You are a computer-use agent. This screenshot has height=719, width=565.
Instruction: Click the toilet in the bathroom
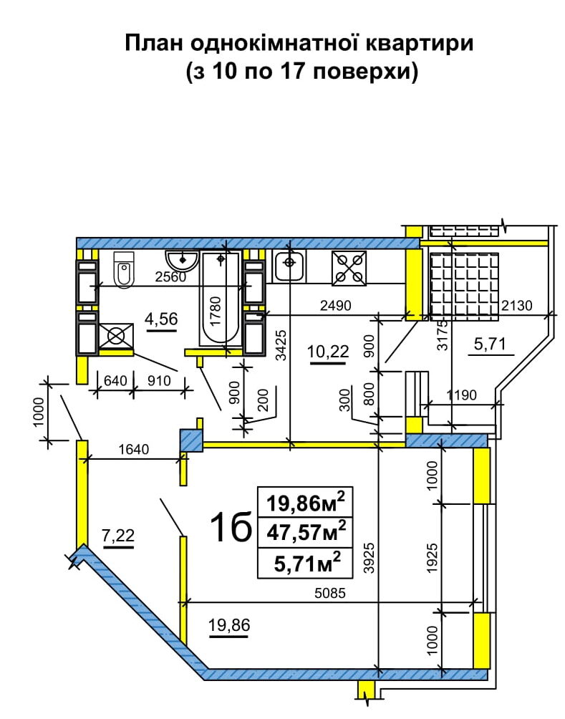123,269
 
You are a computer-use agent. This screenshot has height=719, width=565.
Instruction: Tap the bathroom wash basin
182,261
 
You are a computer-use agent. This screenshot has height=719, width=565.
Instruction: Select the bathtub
220,298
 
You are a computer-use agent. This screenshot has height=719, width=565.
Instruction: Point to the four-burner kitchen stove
349,269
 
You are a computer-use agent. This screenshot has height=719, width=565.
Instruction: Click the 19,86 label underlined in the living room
229,624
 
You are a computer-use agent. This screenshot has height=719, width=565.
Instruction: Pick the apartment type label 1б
231,526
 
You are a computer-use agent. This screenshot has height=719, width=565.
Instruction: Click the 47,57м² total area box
306,532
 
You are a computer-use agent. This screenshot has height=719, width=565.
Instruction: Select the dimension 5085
329,594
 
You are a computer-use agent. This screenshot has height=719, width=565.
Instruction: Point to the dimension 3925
370,558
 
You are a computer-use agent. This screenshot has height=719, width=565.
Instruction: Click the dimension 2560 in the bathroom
170,277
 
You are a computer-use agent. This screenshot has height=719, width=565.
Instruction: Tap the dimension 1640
133,449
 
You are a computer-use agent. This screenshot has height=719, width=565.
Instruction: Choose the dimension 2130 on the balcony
517,305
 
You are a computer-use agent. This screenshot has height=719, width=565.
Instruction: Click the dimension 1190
462,395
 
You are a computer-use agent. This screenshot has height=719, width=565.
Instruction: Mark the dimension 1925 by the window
432,558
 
